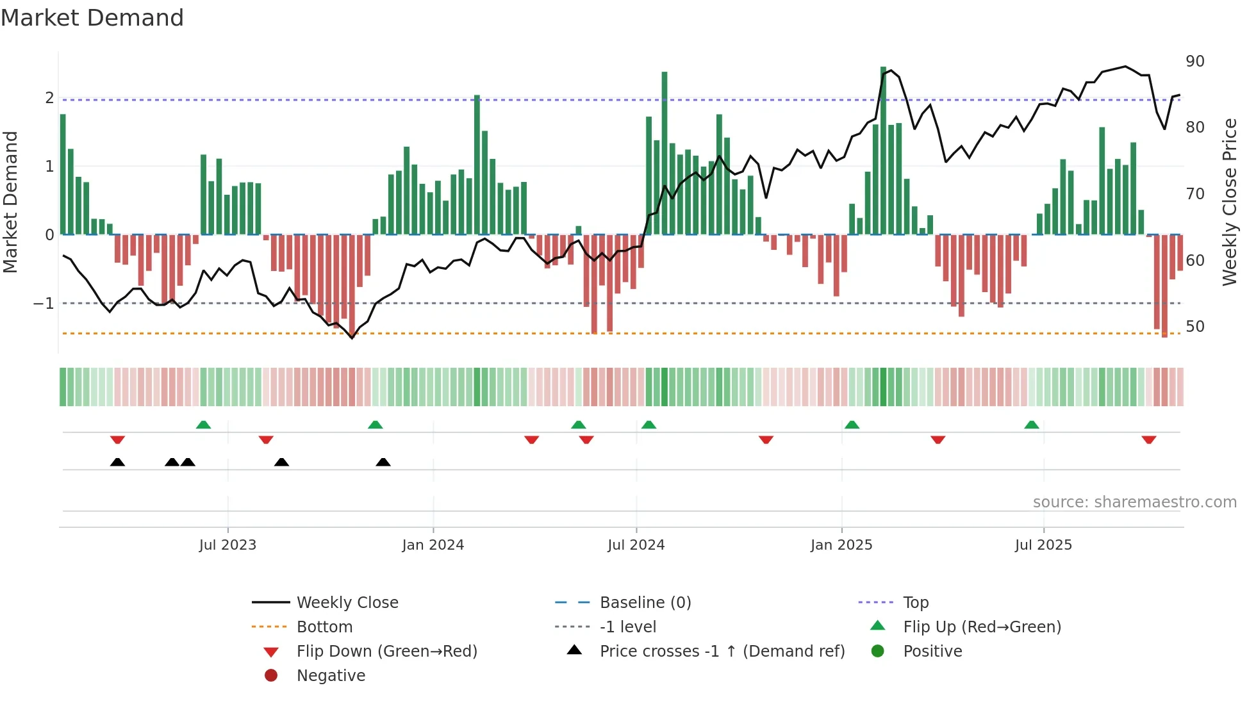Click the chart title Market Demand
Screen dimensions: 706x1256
pyautogui.click(x=92, y=18)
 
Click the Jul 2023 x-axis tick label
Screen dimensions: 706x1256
pyautogui.click(x=227, y=545)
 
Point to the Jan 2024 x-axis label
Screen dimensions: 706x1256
pyautogui.click(x=433, y=545)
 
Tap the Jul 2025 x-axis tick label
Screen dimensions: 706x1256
pyautogui.click(x=1043, y=545)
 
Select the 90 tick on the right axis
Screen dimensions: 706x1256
pyautogui.click(x=1195, y=62)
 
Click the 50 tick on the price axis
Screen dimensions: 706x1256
pyautogui.click(x=1195, y=327)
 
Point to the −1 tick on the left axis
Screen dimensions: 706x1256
pyautogui.click(x=44, y=303)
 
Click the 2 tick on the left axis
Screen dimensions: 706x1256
pyautogui.click(x=49, y=98)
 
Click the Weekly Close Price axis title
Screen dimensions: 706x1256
pyautogui.click(x=1229, y=202)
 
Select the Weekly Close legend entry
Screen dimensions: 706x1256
pyautogui.click(x=347, y=603)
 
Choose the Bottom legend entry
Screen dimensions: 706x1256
pyautogui.click(x=324, y=627)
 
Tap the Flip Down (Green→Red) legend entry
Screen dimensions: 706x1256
pyautogui.click(x=386, y=652)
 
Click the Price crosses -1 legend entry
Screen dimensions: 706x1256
pyautogui.click(x=722, y=652)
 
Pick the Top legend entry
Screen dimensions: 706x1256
pyautogui.click(x=916, y=603)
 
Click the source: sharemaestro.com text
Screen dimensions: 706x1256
pyautogui.click(x=1134, y=502)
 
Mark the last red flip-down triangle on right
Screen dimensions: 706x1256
pyautogui.click(x=1148, y=439)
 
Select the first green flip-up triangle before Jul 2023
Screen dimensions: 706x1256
pyautogui.click(x=203, y=425)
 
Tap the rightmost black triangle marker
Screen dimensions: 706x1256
pyautogui.click(x=383, y=462)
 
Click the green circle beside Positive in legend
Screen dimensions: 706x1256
pyautogui.click(x=878, y=652)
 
